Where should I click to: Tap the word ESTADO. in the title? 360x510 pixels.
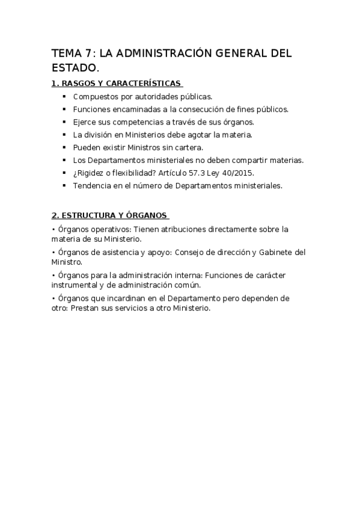[x=75, y=68]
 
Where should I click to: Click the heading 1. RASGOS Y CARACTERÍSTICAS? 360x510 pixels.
[x=117, y=83]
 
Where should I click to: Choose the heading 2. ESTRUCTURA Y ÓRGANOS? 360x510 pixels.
[x=109, y=215]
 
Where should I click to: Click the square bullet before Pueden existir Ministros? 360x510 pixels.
[x=65, y=147]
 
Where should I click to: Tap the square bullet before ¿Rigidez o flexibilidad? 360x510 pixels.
[x=65, y=173]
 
